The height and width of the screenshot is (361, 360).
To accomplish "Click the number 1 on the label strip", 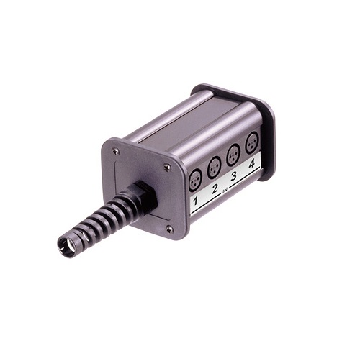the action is click(x=196, y=200).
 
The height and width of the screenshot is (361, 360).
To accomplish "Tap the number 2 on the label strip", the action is click(x=215, y=188).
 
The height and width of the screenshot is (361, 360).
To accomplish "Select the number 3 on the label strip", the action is click(x=233, y=176).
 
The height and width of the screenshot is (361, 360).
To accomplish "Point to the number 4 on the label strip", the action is click(x=251, y=165).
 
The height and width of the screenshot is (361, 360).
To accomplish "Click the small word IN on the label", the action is click(x=225, y=191).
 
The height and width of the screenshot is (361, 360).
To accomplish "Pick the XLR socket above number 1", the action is click(x=195, y=180).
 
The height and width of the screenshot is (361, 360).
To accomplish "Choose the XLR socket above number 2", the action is click(x=214, y=168).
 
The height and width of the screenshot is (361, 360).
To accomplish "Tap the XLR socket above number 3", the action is click(x=233, y=155).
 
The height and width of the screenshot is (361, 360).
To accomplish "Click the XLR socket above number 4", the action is click(x=252, y=143).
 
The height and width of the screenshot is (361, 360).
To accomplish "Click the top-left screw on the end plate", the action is click(x=116, y=151).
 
